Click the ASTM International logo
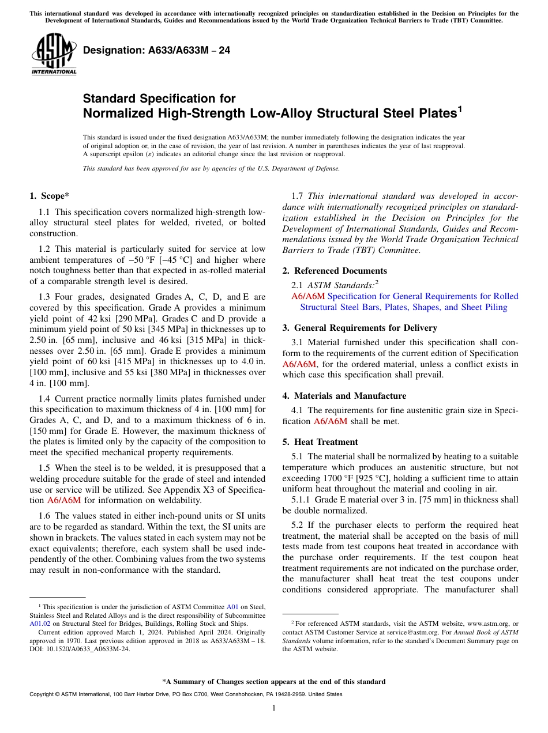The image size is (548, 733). pos(53,55)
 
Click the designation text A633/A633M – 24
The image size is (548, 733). pos(156,51)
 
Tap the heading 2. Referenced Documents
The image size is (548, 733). pos(335,271)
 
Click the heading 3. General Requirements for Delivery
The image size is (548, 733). pos(359,328)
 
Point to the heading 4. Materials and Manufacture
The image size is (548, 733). pos(344,396)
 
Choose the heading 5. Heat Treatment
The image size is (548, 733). pos(320,442)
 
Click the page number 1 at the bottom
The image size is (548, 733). pos(274,708)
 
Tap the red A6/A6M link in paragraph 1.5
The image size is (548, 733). pos(64,500)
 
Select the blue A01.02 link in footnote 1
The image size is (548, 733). pos(40,624)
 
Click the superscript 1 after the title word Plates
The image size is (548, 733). pos(460,108)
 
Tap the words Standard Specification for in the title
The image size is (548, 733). pos(159,99)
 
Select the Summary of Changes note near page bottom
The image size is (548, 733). pos(274,682)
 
